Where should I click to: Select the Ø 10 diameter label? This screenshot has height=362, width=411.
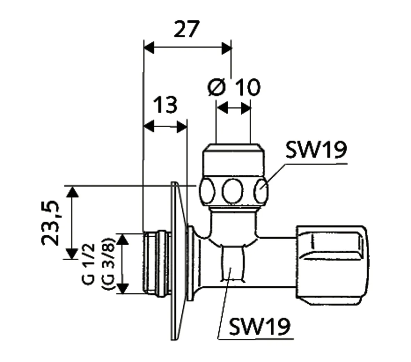(x=234, y=87)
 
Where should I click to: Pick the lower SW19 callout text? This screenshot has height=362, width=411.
(x=259, y=326)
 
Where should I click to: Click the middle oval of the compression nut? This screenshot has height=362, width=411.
(x=232, y=191)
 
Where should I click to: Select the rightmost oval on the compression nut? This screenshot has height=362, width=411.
(x=261, y=191)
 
